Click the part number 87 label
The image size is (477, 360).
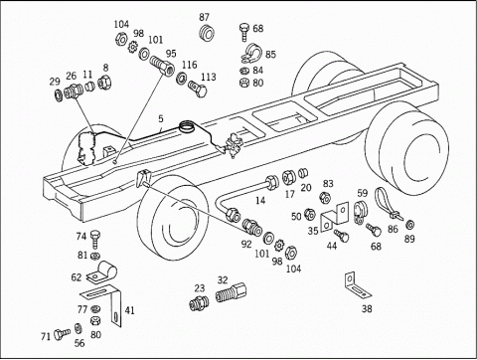[x=205, y=17]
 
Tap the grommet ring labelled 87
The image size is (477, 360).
[x=207, y=33]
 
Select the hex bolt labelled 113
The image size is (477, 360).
[x=198, y=89]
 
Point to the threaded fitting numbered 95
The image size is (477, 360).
[x=162, y=66]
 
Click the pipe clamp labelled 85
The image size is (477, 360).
[x=251, y=53]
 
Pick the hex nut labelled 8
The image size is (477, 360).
[x=105, y=82]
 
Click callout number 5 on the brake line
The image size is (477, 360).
[x=161, y=118]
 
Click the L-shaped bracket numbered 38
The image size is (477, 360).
[x=356, y=285]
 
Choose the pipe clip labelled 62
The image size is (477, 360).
[x=102, y=272]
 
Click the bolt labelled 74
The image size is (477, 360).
[x=95, y=239]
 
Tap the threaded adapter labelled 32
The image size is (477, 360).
[x=232, y=292]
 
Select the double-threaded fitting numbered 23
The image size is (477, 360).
[x=200, y=302]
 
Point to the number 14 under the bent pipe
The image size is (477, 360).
[x=260, y=200]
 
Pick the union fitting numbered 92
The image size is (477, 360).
[x=251, y=227]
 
